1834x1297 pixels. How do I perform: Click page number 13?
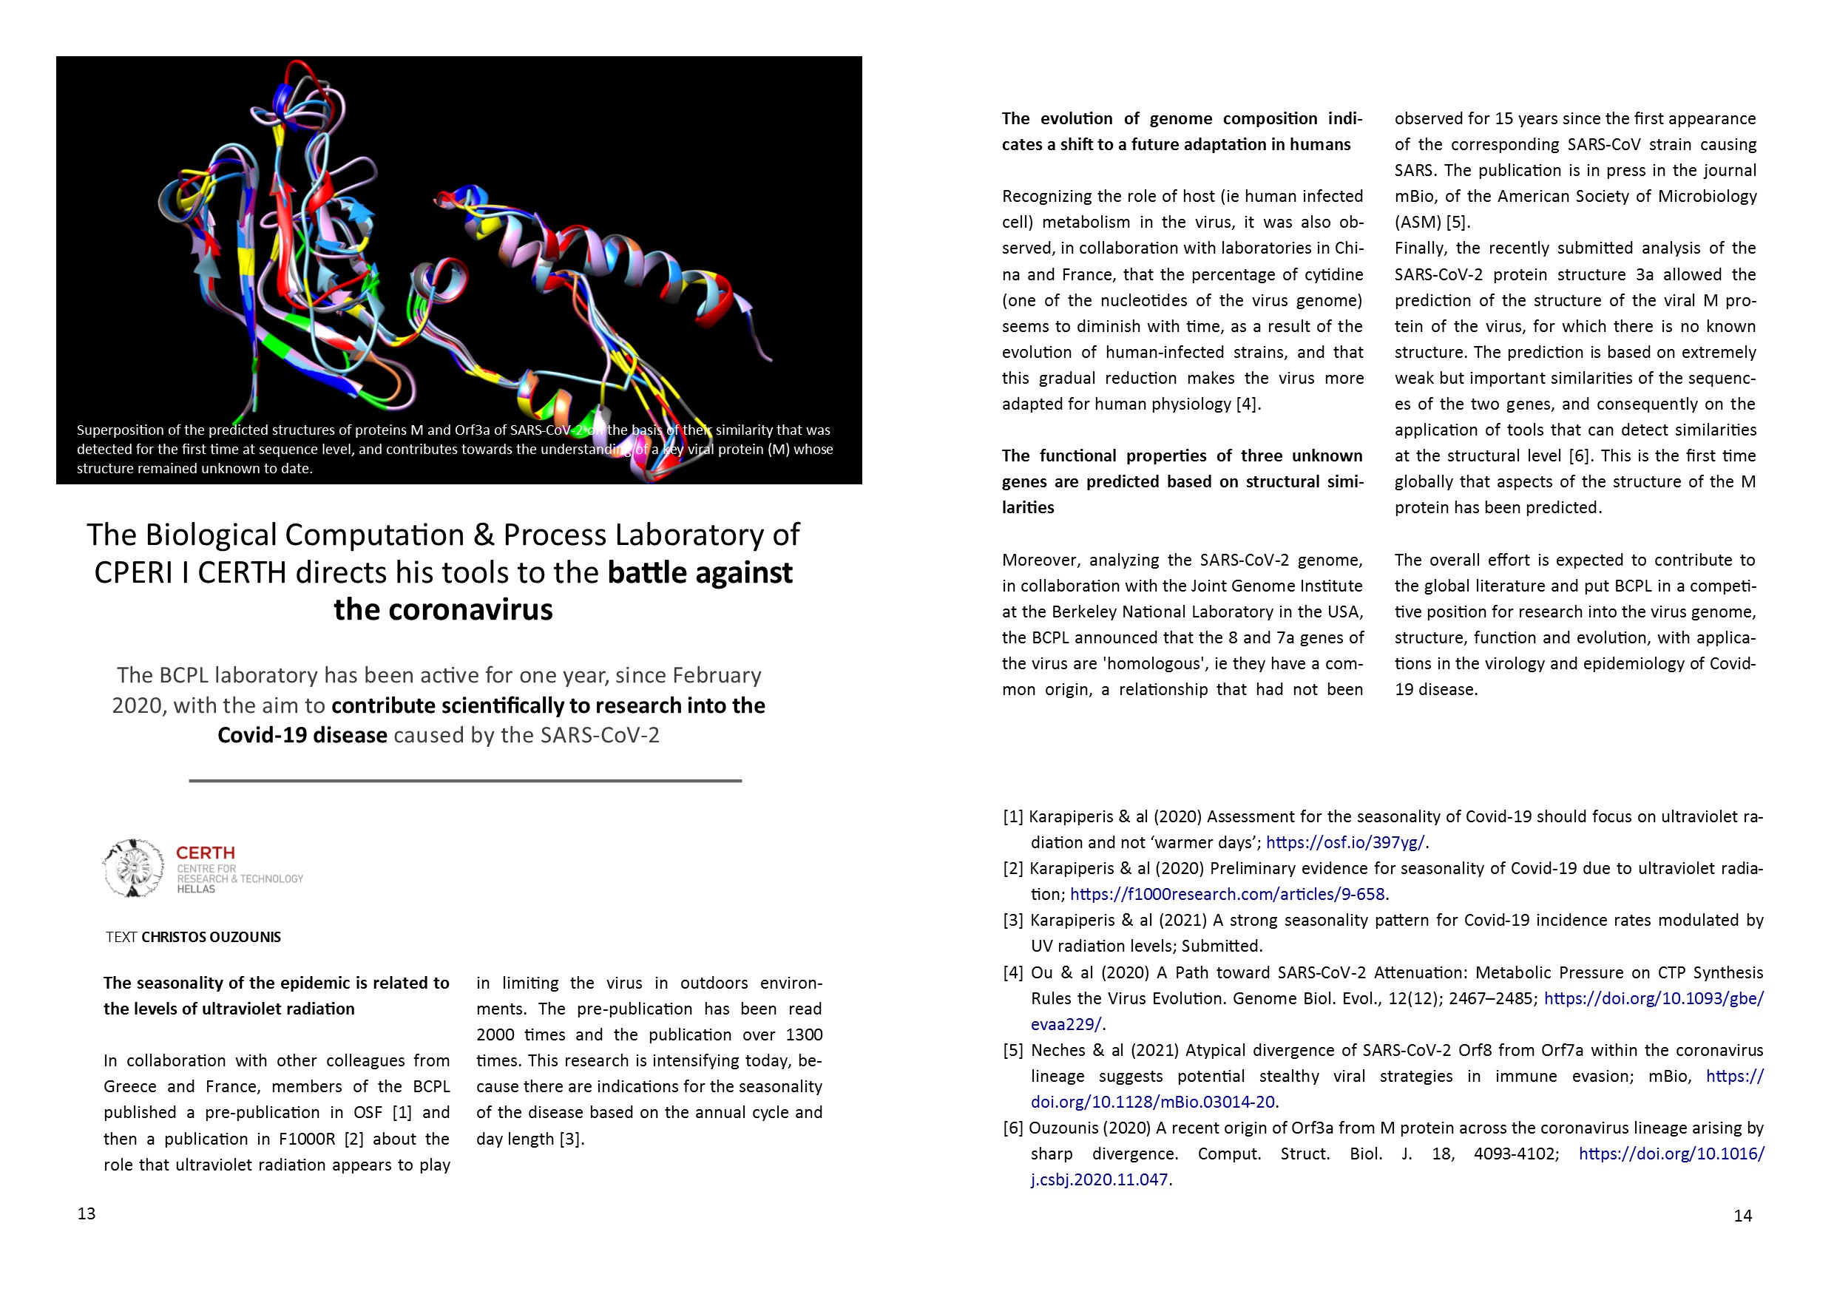[x=87, y=1214]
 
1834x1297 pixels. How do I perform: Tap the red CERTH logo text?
[x=206, y=853]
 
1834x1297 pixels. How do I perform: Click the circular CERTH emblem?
[x=134, y=868]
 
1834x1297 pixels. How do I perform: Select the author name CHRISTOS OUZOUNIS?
[x=211, y=937]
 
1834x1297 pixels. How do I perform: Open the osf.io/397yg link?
[x=1345, y=842]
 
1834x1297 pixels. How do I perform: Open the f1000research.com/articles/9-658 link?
[x=1227, y=895]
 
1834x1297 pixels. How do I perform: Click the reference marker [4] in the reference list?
[x=1013, y=973]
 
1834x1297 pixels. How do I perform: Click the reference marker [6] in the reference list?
[x=1013, y=1128]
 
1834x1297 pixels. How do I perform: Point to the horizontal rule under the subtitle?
[x=465, y=780]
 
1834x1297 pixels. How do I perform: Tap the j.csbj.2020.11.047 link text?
[x=1099, y=1180]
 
